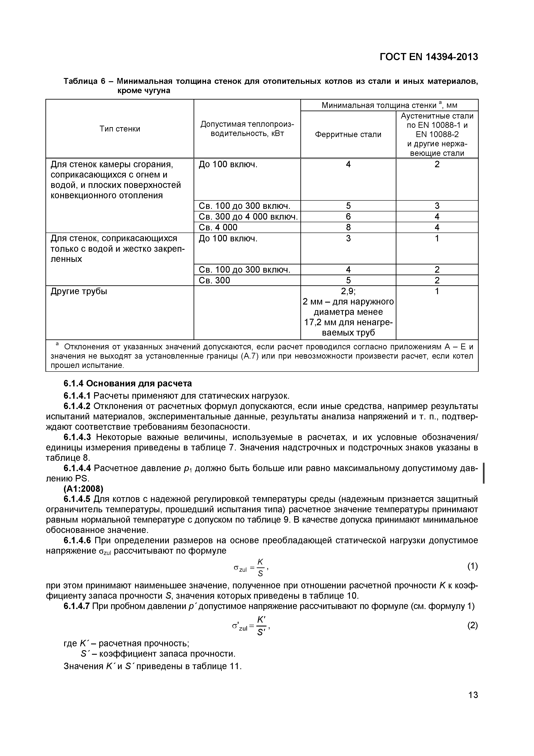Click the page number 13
point(473,695)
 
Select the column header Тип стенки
point(120,129)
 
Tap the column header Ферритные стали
point(348,134)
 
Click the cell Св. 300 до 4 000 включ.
point(248,217)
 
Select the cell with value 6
point(348,217)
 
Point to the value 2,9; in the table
point(348,291)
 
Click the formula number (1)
point(472,566)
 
